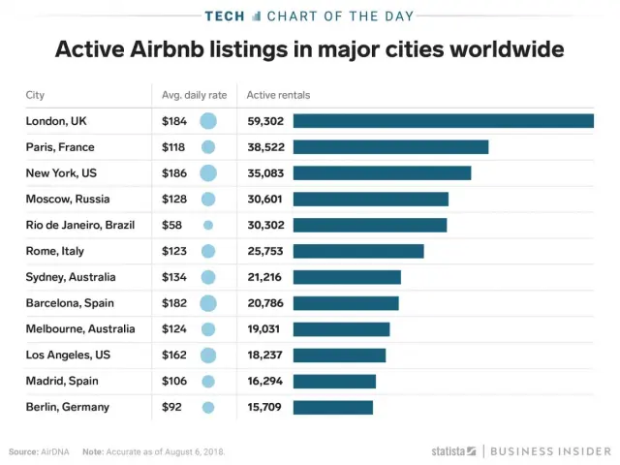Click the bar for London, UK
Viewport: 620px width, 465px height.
pos(443,121)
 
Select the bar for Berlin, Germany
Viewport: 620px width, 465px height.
pos(332,407)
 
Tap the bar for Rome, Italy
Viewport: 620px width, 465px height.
pos(358,251)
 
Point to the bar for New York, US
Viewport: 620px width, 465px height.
pos(382,173)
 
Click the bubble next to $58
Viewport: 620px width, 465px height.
pos(207,225)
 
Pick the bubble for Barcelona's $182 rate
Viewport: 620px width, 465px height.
pos(207,303)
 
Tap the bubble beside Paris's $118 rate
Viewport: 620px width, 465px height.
pos(207,147)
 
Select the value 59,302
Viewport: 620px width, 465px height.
pos(265,121)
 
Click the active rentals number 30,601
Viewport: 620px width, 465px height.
pos(265,199)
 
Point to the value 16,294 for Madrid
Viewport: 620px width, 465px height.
pos(265,381)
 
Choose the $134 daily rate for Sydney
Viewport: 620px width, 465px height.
pos(175,277)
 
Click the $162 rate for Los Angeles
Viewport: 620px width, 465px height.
pos(175,355)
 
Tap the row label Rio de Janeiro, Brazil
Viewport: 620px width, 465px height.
pos(79,225)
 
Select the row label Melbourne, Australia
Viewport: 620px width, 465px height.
pos(80,328)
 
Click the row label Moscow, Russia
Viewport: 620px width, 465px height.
pos(68,199)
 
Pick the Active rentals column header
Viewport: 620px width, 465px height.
pos(278,95)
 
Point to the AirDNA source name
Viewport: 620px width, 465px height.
pos(54,451)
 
